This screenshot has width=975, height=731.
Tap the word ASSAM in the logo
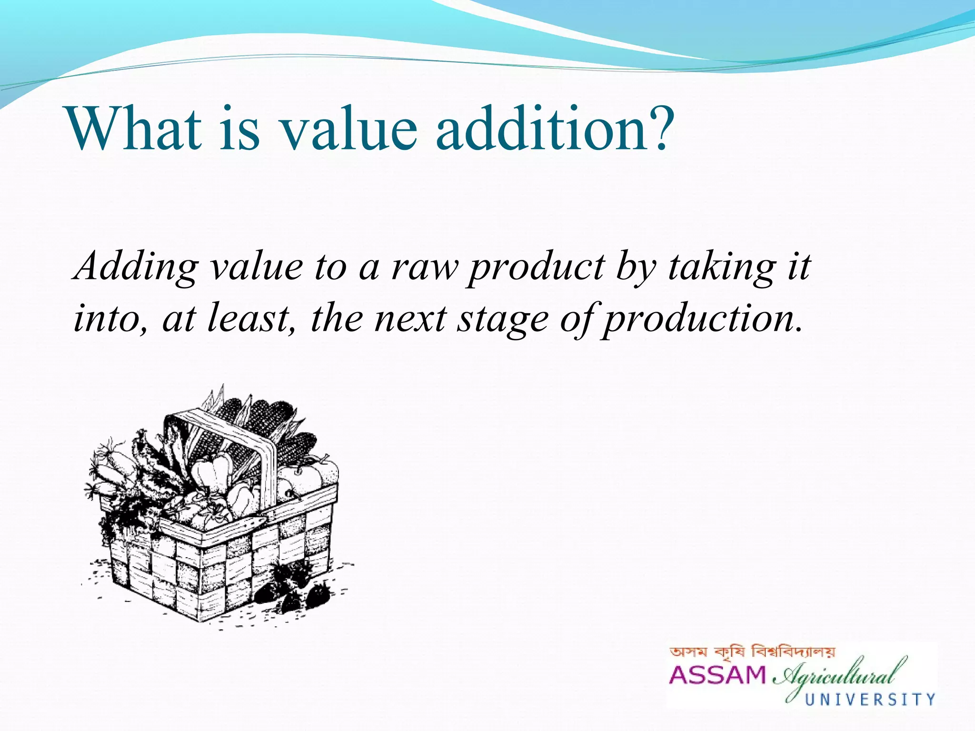point(717,675)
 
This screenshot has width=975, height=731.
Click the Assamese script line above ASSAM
point(752,652)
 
